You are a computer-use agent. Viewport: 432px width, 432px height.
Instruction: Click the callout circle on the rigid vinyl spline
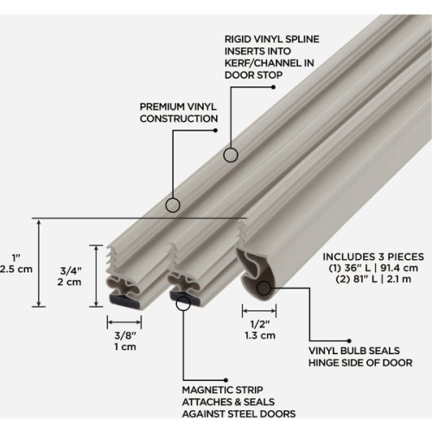pyautogui.click(x=231, y=155)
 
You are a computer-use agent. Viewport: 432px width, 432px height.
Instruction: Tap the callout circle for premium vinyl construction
pyautogui.click(x=172, y=205)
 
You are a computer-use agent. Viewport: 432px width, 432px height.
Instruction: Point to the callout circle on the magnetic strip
pyautogui.click(x=182, y=301)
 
